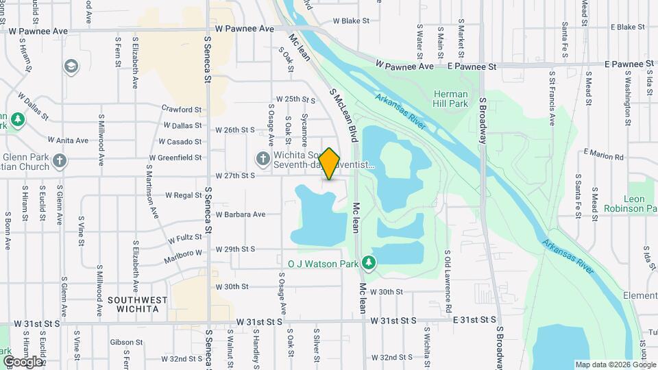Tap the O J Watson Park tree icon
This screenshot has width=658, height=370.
[x=369, y=262]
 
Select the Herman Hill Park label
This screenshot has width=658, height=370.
[x=450, y=99]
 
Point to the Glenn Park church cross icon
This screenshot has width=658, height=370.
[x=60, y=162]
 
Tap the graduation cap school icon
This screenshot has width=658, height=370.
[x=70, y=66]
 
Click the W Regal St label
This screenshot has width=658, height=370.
[x=183, y=195]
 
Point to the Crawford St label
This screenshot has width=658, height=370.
[x=182, y=109]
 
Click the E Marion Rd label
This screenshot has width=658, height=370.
[x=604, y=156]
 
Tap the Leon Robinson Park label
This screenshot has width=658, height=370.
[x=631, y=203]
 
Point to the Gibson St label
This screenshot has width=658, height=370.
[x=125, y=342]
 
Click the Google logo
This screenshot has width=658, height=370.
[x=23, y=361]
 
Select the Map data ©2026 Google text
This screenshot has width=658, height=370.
[x=616, y=365]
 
